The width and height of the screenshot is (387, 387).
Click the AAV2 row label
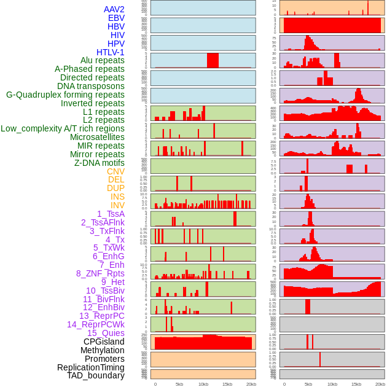click(114, 9)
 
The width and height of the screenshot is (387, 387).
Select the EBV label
click(116, 18)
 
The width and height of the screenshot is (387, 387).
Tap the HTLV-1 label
click(111, 52)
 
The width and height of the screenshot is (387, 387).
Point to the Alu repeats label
click(103, 60)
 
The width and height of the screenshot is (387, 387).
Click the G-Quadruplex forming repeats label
click(65, 95)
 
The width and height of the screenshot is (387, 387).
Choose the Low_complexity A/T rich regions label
click(63, 128)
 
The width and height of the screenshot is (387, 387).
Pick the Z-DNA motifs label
click(100, 163)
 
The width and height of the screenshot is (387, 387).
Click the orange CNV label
click(115, 171)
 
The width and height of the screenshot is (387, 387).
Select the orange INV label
click(117, 205)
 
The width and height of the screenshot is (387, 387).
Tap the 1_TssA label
click(111, 214)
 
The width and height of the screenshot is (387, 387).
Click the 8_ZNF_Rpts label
click(100, 273)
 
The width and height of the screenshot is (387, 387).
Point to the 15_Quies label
click(106, 333)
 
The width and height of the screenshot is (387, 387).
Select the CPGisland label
click(104, 342)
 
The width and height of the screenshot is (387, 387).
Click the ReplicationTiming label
click(91, 367)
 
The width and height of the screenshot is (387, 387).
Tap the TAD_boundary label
click(96, 375)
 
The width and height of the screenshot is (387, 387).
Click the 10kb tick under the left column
click(203, 384)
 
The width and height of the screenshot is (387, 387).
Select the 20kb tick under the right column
click(380, 384)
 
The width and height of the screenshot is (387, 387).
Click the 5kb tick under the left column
click(179, 384)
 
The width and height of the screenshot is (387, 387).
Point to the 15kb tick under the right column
click(356, 384)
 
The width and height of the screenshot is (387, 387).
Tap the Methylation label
click(102, 350)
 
